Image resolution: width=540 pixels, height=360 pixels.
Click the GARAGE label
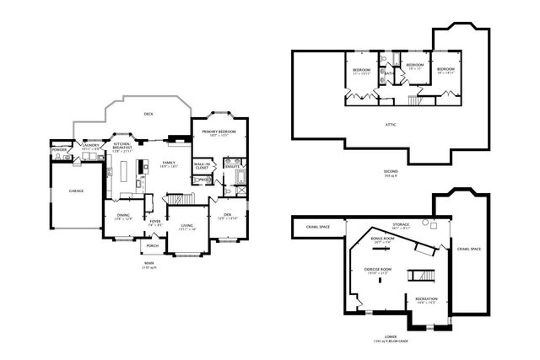click(x=76, y=191)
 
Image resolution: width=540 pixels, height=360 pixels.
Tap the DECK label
click(x=148, y=114)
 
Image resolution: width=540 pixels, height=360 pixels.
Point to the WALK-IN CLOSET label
click(x=202, y=165)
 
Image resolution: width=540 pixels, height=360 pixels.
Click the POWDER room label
click(x=59, y=149)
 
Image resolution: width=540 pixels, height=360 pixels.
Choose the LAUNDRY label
click(x=92, y=144)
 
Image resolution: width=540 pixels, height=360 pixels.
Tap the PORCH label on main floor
click(x=153, y=246)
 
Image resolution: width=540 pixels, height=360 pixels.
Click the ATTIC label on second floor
click(x=390, y=125)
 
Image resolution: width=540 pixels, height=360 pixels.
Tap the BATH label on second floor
click(x=389, y=74)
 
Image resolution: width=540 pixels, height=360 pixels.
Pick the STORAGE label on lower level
click(x=401, y=224)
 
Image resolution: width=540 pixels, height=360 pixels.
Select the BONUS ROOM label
click(x=382, y=239)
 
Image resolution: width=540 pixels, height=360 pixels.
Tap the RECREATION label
click(x=426, y=298)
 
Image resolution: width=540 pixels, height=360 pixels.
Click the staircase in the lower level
click(x=421, y=276)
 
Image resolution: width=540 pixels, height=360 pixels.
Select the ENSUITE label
click(x=231, y=166)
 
